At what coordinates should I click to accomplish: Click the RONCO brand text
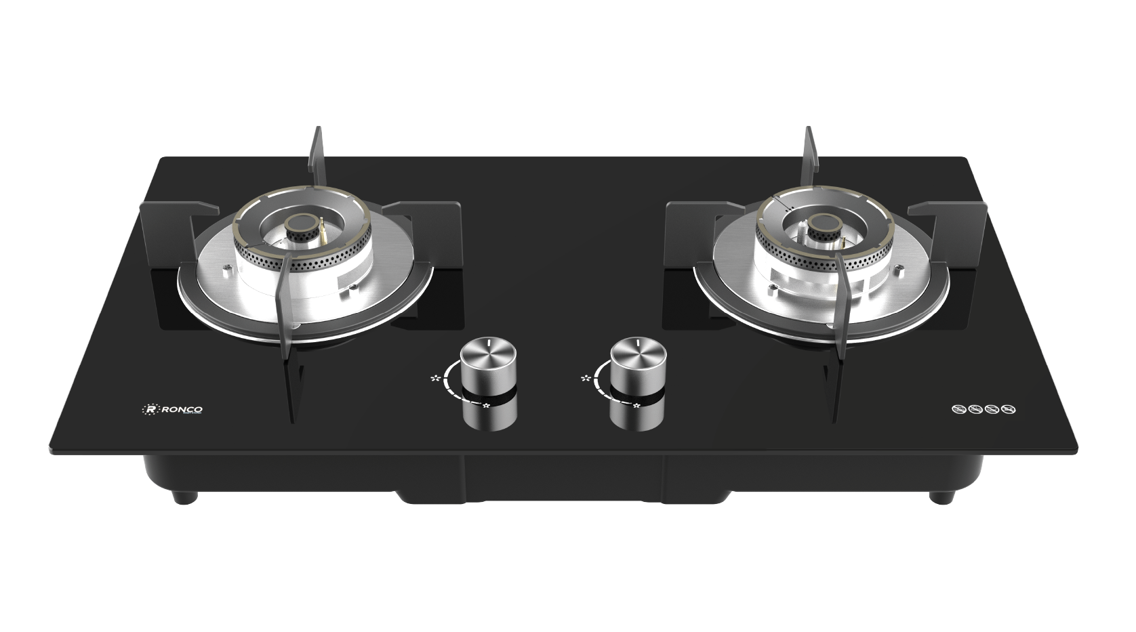pos(180,409)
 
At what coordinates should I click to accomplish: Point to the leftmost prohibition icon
pos(958,410)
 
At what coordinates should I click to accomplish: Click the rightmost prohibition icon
pos(1009,410)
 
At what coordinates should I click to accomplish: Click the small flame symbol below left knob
pos(485,406)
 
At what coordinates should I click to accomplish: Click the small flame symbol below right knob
pos(636,406)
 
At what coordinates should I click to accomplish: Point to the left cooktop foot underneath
pos(184,497)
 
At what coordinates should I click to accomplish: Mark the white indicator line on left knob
pos(488,347)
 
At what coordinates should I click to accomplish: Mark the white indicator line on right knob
pos(638,347)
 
